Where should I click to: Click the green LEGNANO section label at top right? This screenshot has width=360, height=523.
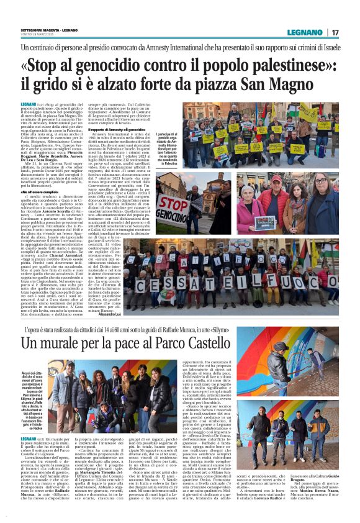(307, 32)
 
